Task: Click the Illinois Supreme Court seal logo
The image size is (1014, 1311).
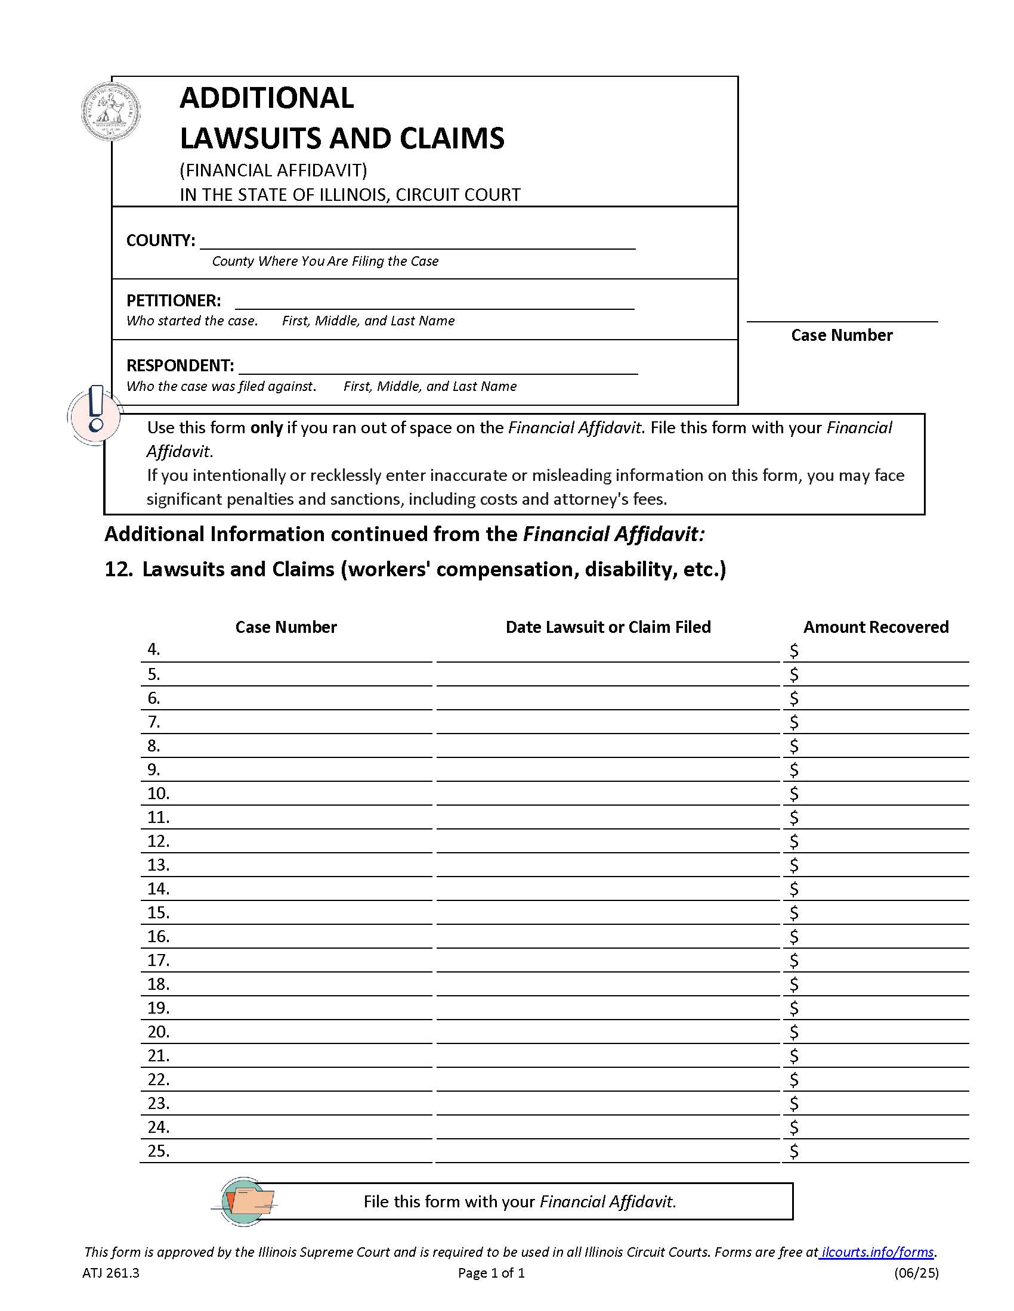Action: point(111,112)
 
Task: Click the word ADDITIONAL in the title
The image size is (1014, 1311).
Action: point(266,98)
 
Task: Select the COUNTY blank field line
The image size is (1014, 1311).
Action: point(417,242)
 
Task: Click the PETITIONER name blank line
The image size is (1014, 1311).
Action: point(434,302)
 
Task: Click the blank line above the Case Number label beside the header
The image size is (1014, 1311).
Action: point(841,317)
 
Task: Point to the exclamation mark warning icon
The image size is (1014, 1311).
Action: point(94,413)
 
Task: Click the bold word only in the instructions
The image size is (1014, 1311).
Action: point(266,427)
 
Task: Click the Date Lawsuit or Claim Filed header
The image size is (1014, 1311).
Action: point(607,627)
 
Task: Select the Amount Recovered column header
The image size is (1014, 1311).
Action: point(875,627)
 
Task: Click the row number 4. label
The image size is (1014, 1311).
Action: point(154,650)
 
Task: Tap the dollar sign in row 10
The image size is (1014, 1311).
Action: point(793,794)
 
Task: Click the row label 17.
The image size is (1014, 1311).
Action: point(159,960)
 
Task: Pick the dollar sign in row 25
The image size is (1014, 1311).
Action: point(793,1151)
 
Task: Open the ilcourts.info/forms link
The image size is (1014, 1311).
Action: point(876,1252)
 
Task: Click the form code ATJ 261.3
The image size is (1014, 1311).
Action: point(110,1273)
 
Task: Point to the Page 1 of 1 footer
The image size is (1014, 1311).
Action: point(491,1273)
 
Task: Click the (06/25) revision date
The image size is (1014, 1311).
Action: point(916,1273)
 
